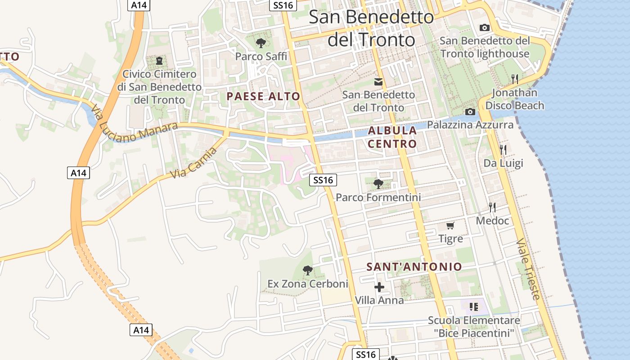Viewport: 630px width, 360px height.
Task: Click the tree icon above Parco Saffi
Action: click(261, 43)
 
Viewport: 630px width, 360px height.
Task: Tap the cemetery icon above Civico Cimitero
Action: click(159, 61)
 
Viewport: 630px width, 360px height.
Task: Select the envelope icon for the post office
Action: click(378, 82)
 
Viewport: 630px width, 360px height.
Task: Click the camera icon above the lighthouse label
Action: click(485, 27)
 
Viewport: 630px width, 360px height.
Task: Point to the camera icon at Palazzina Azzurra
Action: click(470, 112)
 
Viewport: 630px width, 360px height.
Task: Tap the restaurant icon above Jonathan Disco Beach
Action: click(515, 79)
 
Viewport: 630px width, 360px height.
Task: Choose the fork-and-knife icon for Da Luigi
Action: click(503, 149)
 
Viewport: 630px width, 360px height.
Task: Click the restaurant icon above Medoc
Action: click(492, 207)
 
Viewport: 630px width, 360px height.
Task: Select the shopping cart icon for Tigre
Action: click(450, 225)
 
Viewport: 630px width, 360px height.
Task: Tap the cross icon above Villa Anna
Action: click(379, 287)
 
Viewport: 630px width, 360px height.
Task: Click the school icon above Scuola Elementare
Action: click(473, 307)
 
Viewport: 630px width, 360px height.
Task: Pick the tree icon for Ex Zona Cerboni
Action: click(308, 270)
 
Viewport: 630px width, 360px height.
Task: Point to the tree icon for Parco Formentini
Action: click(378, 184)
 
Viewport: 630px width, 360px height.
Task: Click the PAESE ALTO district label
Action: click(263, 96)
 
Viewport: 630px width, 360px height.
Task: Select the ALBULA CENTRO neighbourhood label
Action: click(392, 137)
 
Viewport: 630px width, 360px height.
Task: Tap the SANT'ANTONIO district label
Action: click(414, 267)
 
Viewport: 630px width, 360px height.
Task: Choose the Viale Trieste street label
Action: click(528, 269)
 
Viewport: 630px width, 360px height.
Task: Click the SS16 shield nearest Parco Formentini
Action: click(323, 180)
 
